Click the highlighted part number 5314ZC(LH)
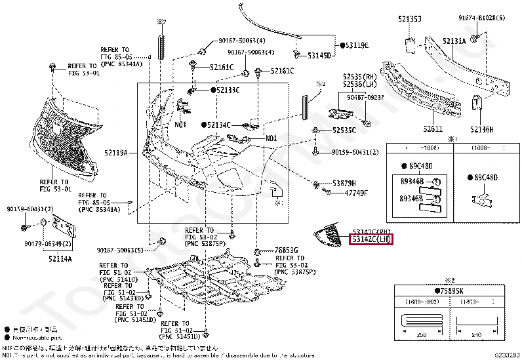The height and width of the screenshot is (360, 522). click(371, 240)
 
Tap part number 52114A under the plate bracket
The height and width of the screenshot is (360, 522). click(60, 258)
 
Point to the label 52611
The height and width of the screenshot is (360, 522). click(434, 130)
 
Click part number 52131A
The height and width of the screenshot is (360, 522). click(453, 41)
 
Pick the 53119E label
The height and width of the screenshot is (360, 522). click(357, 45)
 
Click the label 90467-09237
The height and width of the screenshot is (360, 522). click(365, 98)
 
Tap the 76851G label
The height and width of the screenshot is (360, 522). click(287, 250)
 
